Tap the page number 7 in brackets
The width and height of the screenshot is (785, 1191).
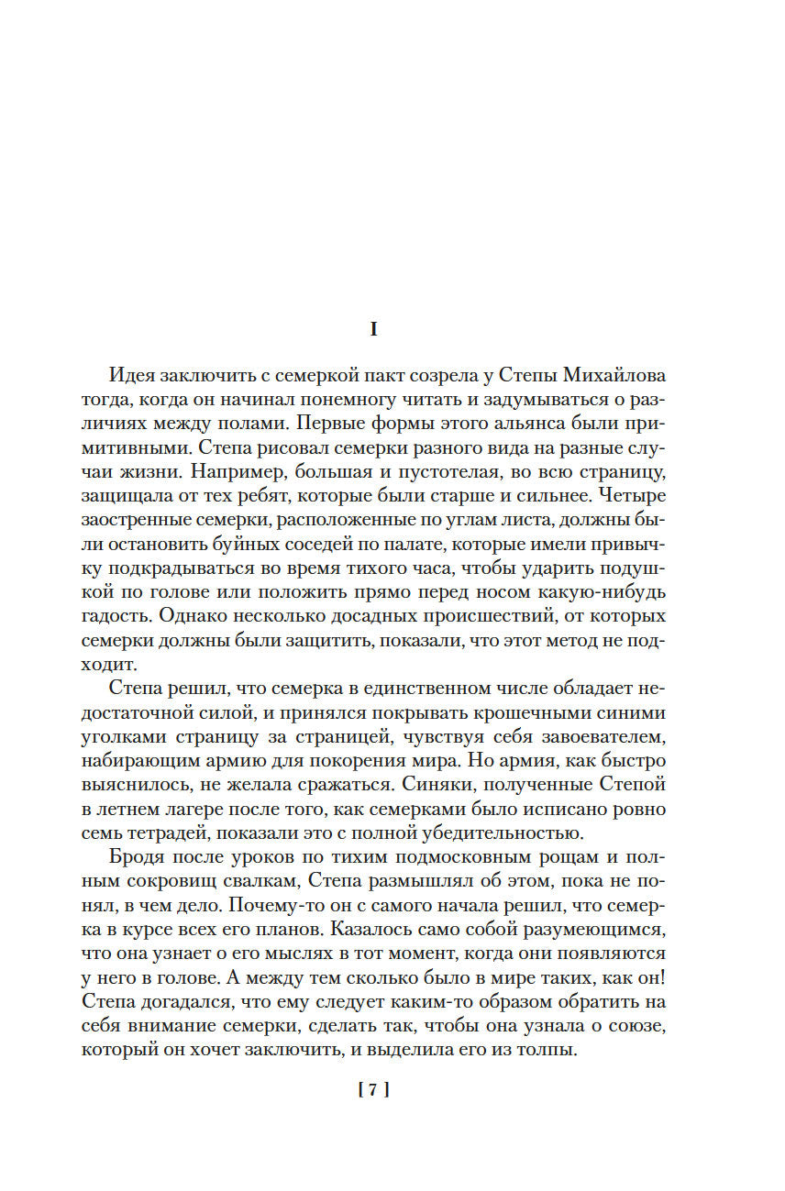[x=373, y=1090]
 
